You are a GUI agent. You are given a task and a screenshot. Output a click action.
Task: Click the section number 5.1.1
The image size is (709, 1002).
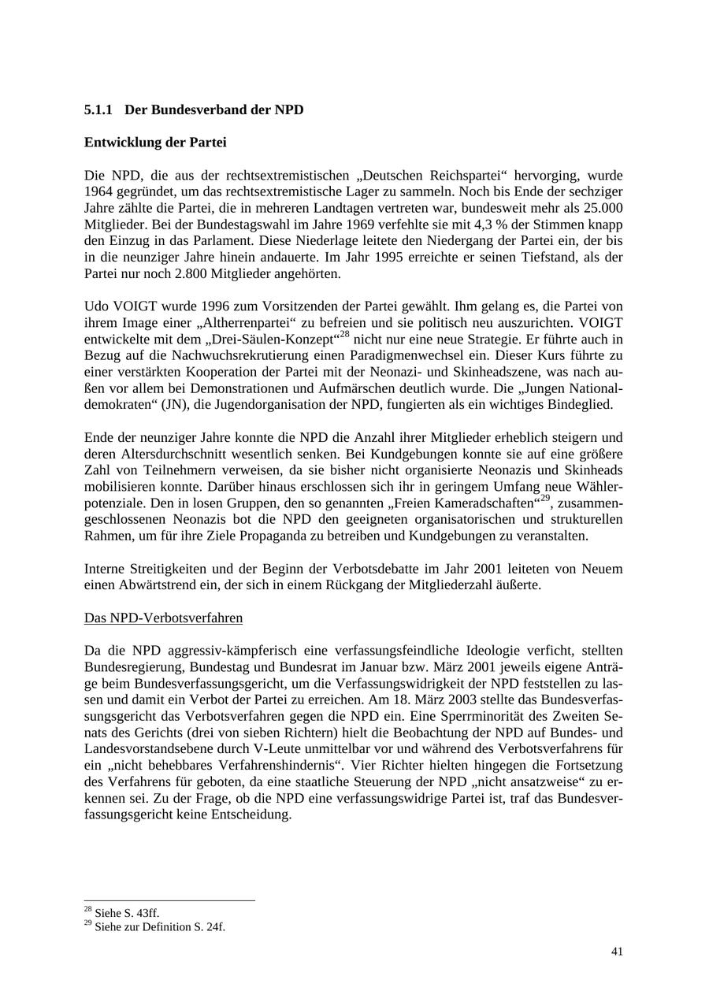click(98, 110)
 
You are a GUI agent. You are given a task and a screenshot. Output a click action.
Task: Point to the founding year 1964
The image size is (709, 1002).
click(98, 191)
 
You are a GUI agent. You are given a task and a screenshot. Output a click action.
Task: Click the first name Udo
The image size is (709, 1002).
click(97, 306)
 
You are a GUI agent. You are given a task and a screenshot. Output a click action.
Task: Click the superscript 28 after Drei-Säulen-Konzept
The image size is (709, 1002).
click(344, 335)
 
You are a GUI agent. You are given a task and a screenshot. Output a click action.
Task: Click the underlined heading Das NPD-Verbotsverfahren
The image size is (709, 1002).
click(163, 618)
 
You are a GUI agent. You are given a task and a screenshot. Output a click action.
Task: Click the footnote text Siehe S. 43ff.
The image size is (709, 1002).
click(126, 913)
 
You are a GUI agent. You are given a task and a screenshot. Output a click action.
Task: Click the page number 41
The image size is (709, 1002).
click(617, 952)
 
